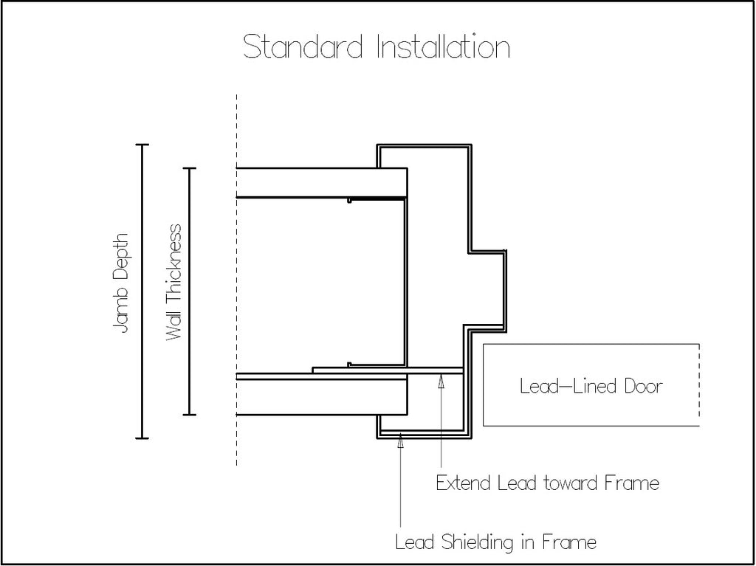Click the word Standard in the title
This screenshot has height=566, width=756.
(302, 47)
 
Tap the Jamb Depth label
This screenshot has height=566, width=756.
(120, 283)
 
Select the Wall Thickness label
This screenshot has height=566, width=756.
(173, 282)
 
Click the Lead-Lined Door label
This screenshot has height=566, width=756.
(591, 386)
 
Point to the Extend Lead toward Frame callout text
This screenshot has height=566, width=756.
(547, 483)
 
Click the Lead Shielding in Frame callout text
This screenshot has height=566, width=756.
(495, 542)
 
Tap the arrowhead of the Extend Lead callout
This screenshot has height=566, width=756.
(441, 380)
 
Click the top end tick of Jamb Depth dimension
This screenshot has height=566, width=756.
(142, 145)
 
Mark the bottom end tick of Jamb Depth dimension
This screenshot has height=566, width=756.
(142, 438)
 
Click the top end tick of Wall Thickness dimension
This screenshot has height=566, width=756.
(189, 168)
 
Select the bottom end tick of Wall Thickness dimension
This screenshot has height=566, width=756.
(189, 415)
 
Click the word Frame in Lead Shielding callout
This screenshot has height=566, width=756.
(569, 542)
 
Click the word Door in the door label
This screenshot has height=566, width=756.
(644, 386)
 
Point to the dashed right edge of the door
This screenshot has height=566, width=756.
(699, 384)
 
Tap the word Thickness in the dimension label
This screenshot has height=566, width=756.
(173, 260)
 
